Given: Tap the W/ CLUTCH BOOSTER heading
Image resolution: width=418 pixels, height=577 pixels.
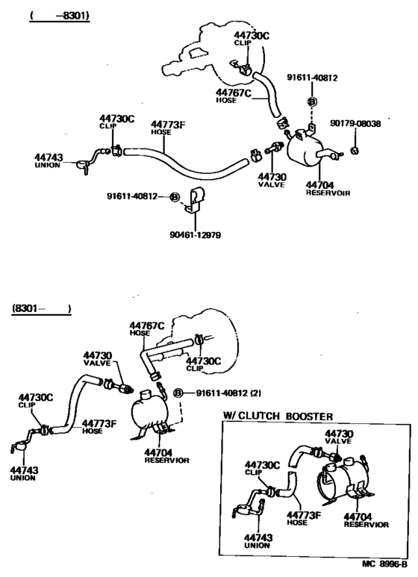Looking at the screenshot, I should click(x=278, y=416).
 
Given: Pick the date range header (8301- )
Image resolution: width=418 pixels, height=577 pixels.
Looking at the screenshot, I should click(x=41, y=308).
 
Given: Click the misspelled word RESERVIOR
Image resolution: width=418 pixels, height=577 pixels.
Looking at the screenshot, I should click(x=166, y=461).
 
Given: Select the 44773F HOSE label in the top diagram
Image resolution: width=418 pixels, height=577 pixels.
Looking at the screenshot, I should click(x=168, y=128).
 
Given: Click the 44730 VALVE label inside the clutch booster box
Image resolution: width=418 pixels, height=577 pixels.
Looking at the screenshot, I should click(x=337, y=437).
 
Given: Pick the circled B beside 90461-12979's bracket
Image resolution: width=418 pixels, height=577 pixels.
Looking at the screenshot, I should click(x=174, y=197).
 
